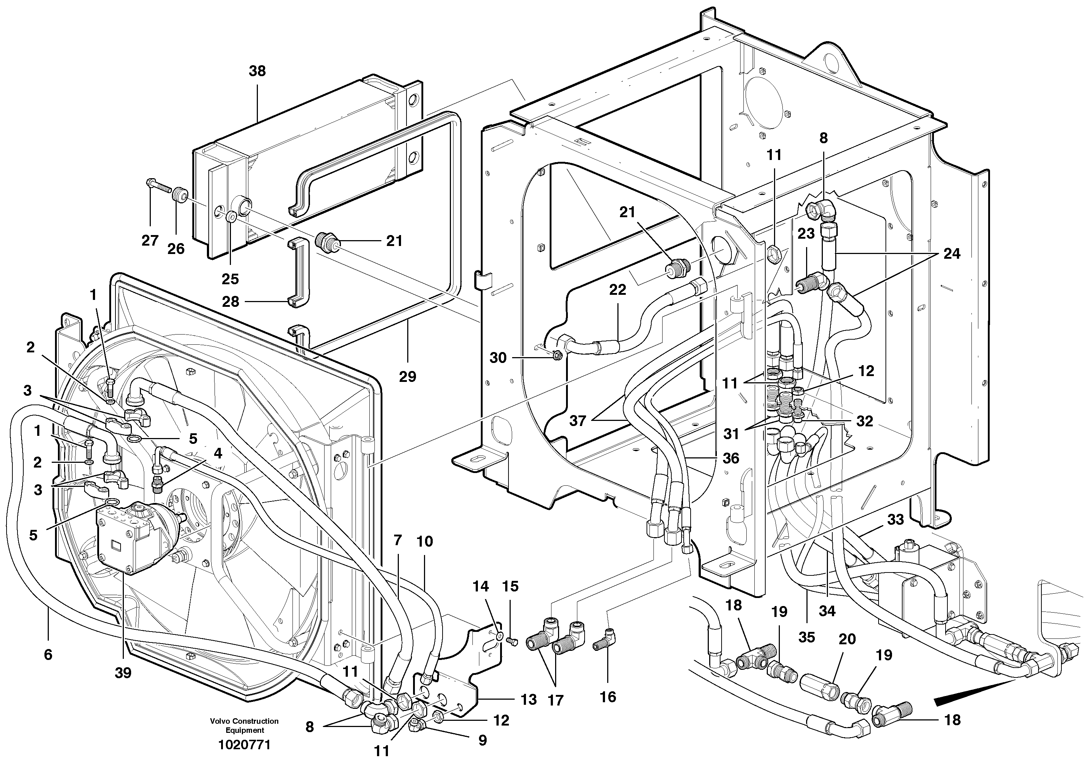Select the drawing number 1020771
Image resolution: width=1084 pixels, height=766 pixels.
(x=244, y=745)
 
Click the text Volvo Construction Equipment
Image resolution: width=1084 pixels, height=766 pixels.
(x=244, y=726)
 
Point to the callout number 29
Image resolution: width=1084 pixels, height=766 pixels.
(x=408, y=376)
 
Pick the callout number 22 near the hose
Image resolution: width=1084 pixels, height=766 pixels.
(x=617, y=289)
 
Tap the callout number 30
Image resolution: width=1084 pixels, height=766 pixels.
(x=498, y=357)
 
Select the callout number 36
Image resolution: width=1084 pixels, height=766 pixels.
(x=731, y=458)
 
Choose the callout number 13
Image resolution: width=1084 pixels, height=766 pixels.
(x=529, y=699)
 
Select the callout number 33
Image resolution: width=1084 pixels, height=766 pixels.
(x=895, y=520)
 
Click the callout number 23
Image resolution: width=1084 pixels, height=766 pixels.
(x=806, y=233)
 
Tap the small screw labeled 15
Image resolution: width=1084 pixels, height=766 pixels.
(x=512, y=641)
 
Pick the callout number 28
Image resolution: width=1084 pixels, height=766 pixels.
(x=231, y=301)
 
